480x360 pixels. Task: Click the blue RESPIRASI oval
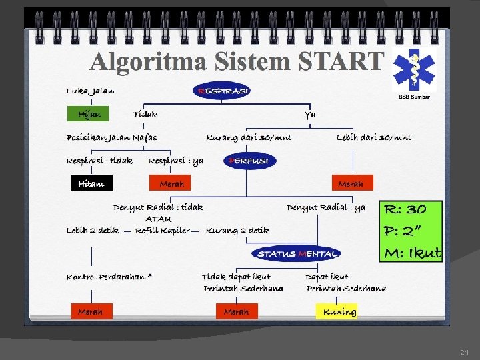(222, 91)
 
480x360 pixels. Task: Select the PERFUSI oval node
(248, 161)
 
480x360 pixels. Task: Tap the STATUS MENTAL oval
(297, 253)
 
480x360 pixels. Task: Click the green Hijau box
(88, 114)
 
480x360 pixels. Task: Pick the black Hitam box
(91, 183)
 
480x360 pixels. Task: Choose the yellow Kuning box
(337, 311)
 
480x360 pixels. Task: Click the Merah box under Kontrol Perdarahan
(91, 311)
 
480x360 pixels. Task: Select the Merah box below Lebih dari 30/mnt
(351, 183)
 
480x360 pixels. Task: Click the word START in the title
(341, 62)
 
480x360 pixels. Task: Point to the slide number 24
(465, 351)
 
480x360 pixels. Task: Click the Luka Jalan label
(90, 91)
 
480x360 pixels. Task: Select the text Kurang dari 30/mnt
(249, 137)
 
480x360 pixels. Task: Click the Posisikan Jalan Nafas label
(112, 137)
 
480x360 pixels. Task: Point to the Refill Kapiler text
(163, 231)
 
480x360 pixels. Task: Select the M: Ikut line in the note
(412, 253)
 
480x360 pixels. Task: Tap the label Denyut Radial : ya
(326, 207)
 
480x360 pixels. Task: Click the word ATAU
(159, 219)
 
